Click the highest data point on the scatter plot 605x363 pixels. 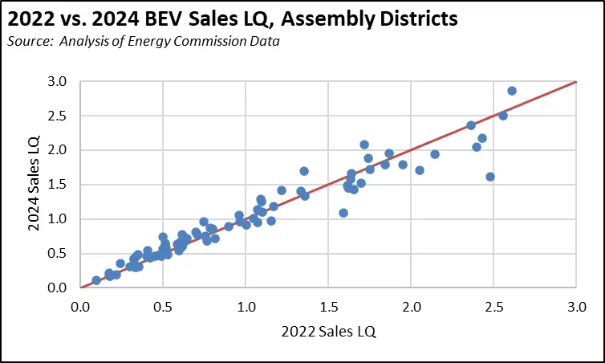click(512, 91)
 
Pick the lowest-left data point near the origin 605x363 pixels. click(96, 280)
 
